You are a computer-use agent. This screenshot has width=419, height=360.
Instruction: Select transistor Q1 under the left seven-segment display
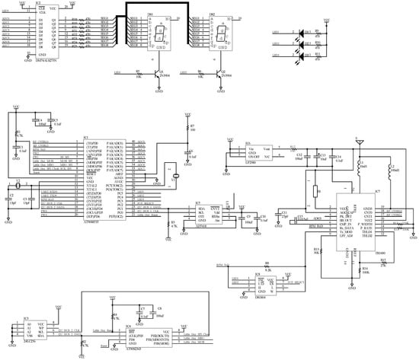pos(157,75)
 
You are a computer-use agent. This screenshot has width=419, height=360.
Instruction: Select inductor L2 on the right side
pos(389,172)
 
